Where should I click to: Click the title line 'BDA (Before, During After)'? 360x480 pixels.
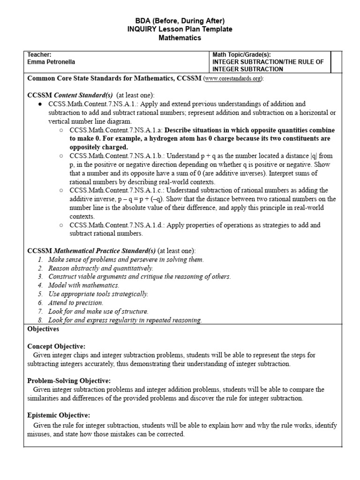pyautogui.click(x=180, y=21)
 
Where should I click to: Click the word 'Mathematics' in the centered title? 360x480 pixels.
pyautogui.click(x=180, y=38)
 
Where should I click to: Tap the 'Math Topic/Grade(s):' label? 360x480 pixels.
pyautogui.click(x=242, y=55)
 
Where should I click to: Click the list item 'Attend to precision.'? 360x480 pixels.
pyautogui.click(x=76, y=303)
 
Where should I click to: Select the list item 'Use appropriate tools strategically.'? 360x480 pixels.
pyautogui.click(x=98, y=294)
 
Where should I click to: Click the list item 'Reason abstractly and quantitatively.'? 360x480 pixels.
pyautogui.click(x=100, y=268)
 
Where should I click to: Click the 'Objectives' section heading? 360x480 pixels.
pyautogui.click(x=43, y=329)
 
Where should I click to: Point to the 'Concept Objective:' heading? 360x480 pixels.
pyautogui.click(x=56, y=346)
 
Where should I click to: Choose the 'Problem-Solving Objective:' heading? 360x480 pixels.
pyautogui.click(x=69, y=381)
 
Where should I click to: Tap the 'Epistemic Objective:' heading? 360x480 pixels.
pyautogui.click(x=59, y=415)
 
